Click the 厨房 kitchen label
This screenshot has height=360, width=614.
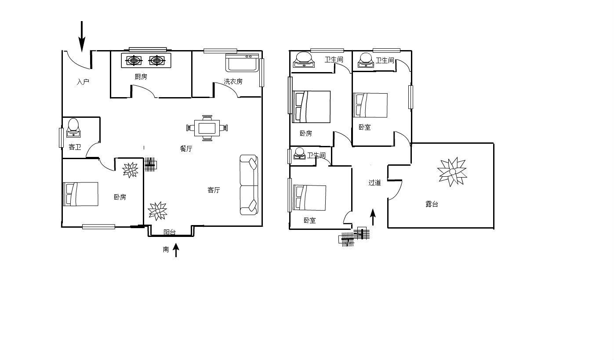(141, 77)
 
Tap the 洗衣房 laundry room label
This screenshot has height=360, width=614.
(233, 81)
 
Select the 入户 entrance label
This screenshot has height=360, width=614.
(83, 82)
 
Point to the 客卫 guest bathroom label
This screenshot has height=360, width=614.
(75, 147)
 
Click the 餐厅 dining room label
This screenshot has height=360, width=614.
(186, 149)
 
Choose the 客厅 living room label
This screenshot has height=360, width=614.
(214, 190)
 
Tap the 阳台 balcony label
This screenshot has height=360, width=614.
(170, 232)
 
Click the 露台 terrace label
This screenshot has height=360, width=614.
(432, 204)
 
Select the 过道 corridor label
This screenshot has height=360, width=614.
(375, 182)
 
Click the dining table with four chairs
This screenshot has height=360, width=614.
(207, 128)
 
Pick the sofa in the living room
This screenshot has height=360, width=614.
(249, 185)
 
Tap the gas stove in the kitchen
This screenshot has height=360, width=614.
(146, 60)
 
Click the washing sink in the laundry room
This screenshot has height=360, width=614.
(242, 62)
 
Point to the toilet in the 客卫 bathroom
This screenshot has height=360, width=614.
(73, 128)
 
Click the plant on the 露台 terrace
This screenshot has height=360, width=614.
(452, 172)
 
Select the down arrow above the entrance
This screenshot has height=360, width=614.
(82, 36)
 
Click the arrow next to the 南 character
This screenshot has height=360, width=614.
(176, 250)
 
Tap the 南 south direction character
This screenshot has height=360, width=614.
(166, 249)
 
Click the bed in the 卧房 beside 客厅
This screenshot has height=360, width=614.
(81, 194)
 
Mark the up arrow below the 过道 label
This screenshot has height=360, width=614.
(373, 217)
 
